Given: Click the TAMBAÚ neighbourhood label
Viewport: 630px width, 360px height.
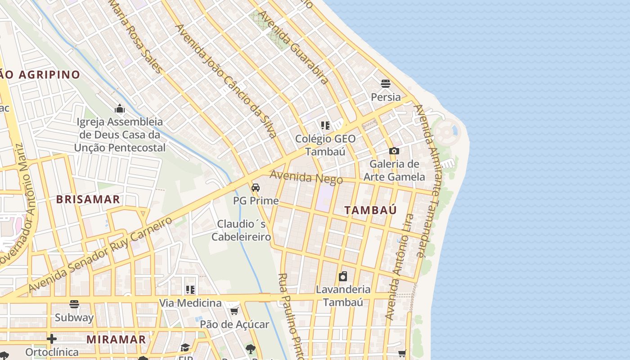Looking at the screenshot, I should [370, 210].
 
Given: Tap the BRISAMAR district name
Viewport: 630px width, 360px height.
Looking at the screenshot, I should [88, 199].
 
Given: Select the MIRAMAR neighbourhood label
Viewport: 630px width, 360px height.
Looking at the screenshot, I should [116, 339].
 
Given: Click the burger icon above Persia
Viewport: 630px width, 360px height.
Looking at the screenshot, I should [385, 83].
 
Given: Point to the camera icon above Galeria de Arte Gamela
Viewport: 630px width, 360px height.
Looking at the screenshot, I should [394, 151].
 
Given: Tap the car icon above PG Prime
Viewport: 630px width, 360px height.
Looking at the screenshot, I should [256, 187].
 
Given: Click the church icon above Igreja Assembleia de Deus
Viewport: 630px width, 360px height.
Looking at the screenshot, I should [120, 108].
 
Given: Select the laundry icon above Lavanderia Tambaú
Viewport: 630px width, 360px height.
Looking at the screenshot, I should [343, 276].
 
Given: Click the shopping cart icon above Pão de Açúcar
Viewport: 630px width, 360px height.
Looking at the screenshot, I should [234, 311].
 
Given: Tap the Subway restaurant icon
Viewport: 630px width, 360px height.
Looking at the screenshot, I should [74, 304].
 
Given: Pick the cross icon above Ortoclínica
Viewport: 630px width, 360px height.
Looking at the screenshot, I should [52, 338].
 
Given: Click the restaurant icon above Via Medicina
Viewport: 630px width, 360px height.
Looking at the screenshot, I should [190, 289].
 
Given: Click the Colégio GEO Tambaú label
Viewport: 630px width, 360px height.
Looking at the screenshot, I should [325, 145].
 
